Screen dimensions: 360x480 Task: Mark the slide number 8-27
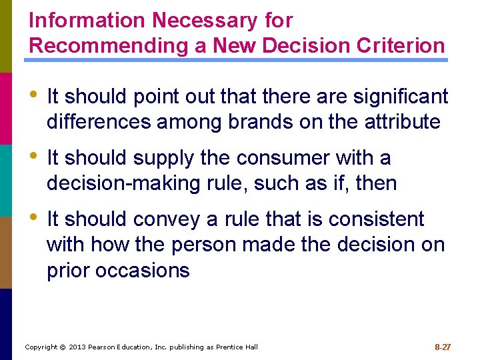[443, 347]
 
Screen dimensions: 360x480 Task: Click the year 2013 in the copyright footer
[79, 347]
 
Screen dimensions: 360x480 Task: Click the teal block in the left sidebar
[6, 180]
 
